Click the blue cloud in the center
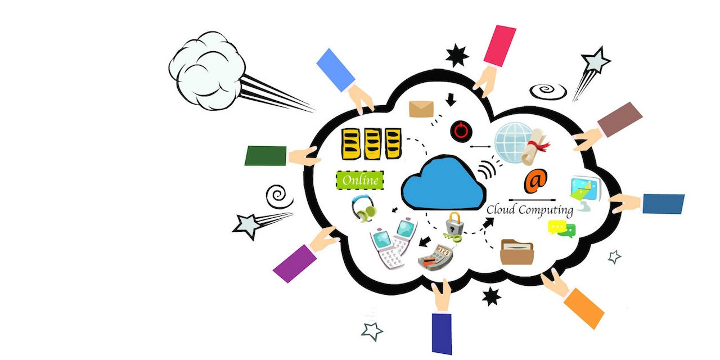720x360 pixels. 443,183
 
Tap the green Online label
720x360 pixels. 359,181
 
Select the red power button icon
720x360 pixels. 461,131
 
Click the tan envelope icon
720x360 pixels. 422,109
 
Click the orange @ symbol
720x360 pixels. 535,181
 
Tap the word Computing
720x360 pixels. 546,210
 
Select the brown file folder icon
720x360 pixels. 516,251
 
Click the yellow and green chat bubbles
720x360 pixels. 561,228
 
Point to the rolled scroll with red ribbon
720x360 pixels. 535,146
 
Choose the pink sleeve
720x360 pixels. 500,46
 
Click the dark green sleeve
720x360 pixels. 265,156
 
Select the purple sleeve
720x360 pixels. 294,263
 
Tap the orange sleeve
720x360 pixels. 583,308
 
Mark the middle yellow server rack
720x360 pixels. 371,143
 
